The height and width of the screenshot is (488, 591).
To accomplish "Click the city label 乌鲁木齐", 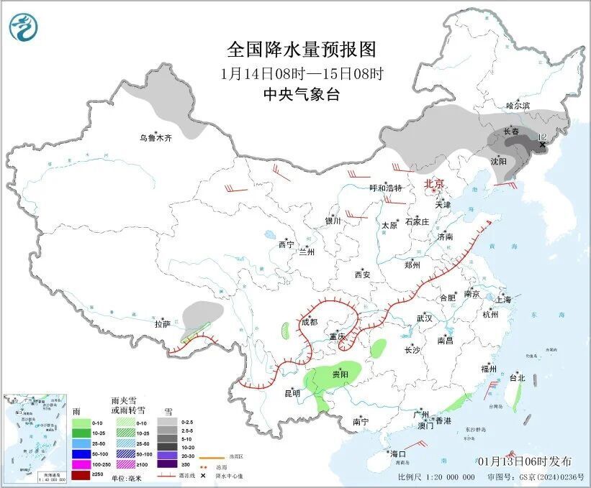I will (x=155, y=138).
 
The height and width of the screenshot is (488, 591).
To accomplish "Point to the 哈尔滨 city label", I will (x=517, y=106).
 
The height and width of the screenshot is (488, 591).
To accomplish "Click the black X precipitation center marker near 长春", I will (x=543, y=144).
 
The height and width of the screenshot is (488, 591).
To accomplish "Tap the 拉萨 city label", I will (x=162, y=324).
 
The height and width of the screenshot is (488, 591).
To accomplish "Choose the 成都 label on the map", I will (x=308, y=322).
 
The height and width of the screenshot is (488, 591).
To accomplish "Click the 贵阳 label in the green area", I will (x=340, y=374).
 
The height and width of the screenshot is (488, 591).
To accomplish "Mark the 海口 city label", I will (x=398, y=454).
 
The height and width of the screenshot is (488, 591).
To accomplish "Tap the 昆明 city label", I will (x=292, y=393).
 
